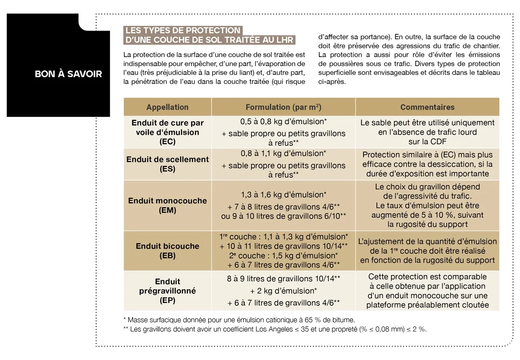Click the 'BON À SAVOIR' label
(x=68, y=74)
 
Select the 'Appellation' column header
(x=167, y=107)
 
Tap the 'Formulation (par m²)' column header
(x=283, y=107)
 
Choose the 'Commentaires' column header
(x=427, y=107)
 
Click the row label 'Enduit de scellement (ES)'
(x=167, y=164)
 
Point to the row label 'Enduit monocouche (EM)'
(x=167, y=205)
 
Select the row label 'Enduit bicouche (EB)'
(x=167, y=251)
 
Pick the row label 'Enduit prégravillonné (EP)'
(x=167, y=291)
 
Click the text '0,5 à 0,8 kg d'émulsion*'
(x=283, y=122)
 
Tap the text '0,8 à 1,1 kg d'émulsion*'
(x=283, y=153)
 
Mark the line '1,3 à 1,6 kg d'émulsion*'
(x=283, y=195)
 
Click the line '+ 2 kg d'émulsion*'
(x=283, y=291)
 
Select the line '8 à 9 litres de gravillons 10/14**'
(x=283, y=279)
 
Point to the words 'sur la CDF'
(x=427, y=142)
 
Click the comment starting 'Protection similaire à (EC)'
(x=427, y=164)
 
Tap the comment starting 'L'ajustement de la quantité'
(x=427, y=251)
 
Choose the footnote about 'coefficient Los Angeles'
(x=275, y=329)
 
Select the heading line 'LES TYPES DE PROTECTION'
(x=182, y=30)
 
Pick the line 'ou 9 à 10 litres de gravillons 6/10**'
(x=283, y=216)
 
